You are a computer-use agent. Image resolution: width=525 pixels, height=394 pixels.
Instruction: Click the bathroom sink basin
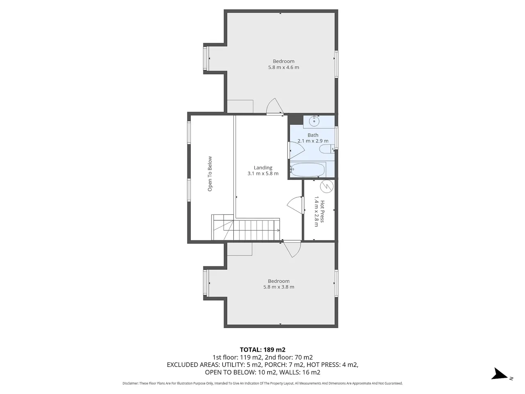pos(314,121)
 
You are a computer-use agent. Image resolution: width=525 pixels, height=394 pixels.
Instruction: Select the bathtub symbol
pos(308,170)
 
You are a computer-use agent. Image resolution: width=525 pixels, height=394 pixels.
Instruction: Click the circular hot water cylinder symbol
pos(326,186)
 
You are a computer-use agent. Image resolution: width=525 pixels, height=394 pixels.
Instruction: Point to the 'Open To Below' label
pos(210,174)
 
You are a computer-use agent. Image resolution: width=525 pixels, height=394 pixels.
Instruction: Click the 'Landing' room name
pos(263,167)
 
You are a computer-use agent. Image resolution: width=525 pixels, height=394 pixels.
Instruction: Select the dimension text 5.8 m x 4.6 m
pos(283,67)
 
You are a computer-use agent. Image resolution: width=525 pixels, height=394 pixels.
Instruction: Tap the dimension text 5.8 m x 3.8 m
pos(278,287)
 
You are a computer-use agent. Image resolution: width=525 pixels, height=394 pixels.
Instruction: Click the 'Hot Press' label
pos(322,211)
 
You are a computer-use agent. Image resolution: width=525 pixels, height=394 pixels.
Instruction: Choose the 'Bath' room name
pos(313,135)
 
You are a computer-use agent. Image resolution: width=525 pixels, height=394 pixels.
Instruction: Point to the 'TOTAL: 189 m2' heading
pos(262,350)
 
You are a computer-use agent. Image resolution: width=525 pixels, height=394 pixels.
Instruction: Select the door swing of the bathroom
pos(297,150)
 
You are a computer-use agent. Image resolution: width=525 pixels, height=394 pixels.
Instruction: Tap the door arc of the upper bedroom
pos(275,106)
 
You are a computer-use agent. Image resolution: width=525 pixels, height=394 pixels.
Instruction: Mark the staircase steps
pos(245,227)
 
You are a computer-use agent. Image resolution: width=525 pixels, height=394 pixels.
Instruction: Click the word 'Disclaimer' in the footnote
pos(130,383)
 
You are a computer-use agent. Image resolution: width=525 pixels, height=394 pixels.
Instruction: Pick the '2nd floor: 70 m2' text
pos(289,357)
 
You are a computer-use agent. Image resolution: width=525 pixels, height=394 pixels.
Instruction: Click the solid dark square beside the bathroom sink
pos(295,119)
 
